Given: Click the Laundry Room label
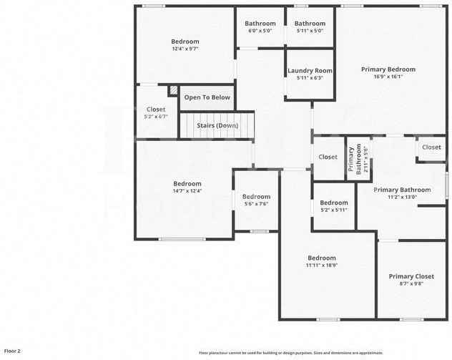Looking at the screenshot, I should [x=310, y=70].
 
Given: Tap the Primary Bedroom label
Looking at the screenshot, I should [x=388, y=69].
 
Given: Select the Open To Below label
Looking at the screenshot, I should [x=207, y=97].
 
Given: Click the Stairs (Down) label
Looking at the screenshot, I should [x=217, y=125].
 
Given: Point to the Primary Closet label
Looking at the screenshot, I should [x=411, y=276].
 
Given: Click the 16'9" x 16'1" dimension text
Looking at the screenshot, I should [x=388, y=77].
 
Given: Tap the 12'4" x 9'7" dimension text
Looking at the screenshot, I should [x=185, y=49].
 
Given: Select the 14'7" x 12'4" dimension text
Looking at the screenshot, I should [x=187, y=190].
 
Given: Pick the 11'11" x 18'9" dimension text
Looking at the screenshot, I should [x=321, y=265].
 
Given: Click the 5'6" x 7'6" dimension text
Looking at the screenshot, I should [x=256, y=204].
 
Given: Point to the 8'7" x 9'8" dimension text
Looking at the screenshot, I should [x=411, y=283].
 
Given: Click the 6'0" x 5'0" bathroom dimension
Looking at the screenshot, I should [x=260, y=31].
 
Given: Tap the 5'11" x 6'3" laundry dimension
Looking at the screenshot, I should [x=310, y=77].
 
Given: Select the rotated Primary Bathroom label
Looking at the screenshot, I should [x=353, y=160].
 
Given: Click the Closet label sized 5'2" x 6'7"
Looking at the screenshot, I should [x=156, y=110].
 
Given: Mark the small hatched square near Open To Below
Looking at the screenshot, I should [x=172, y=90].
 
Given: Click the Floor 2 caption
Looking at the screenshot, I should [x=12, y=351].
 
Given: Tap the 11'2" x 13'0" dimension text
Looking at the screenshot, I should [x=402, y=197].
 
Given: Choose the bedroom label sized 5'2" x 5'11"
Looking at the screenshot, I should [x=333, y=203].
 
